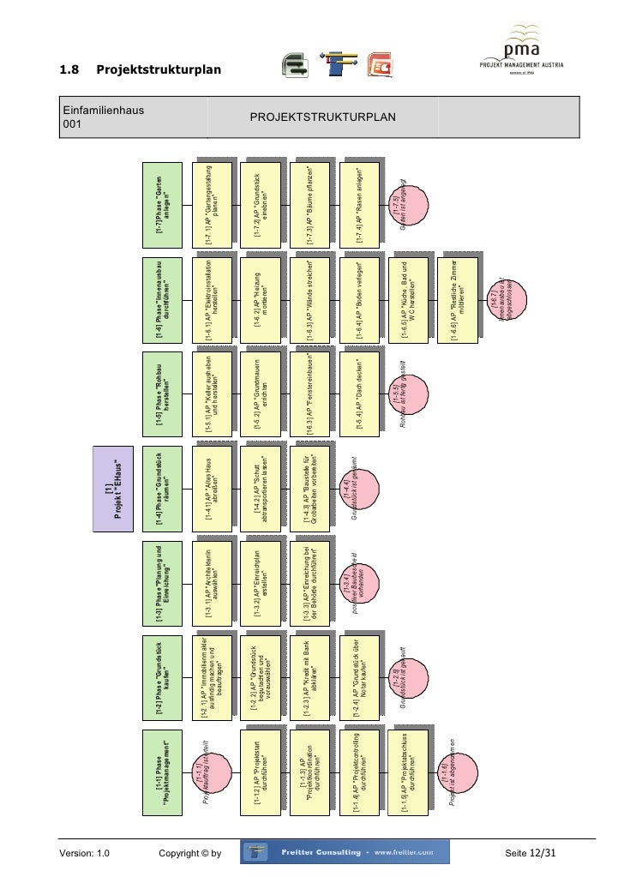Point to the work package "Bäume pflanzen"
(x=312, y=204)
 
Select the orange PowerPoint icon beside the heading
(x=379, y=65)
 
